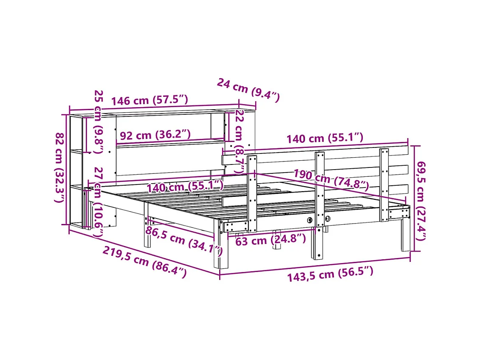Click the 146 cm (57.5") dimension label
pyautogui.click(x=150, y=101)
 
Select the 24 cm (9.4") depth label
pyautogui.click(x=248, y=90)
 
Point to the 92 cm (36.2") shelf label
pyautogui.click(x=155, y=135)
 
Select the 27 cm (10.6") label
pyautogui.click(x=99, y=202)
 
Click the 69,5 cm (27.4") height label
pyautogui.click(x=420, y=200)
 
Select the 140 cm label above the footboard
pyautogui.click(x=325, y=138)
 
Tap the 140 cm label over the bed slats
pyautogui.click(x=185, y=186)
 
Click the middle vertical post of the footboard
pyautogui.click(x=319, y=204)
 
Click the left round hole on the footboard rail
pyautogui.click(x=309, y=220)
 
